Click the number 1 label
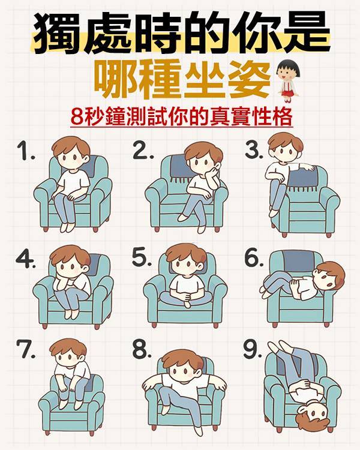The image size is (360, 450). point(26,151)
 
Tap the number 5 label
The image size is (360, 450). point(142,257)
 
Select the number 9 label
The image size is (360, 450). point(252,350)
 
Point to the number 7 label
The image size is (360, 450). point(25,349)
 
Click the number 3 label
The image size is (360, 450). point(253,151)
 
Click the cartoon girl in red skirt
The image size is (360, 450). point(289,80)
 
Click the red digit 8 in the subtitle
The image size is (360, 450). point(77,116)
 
